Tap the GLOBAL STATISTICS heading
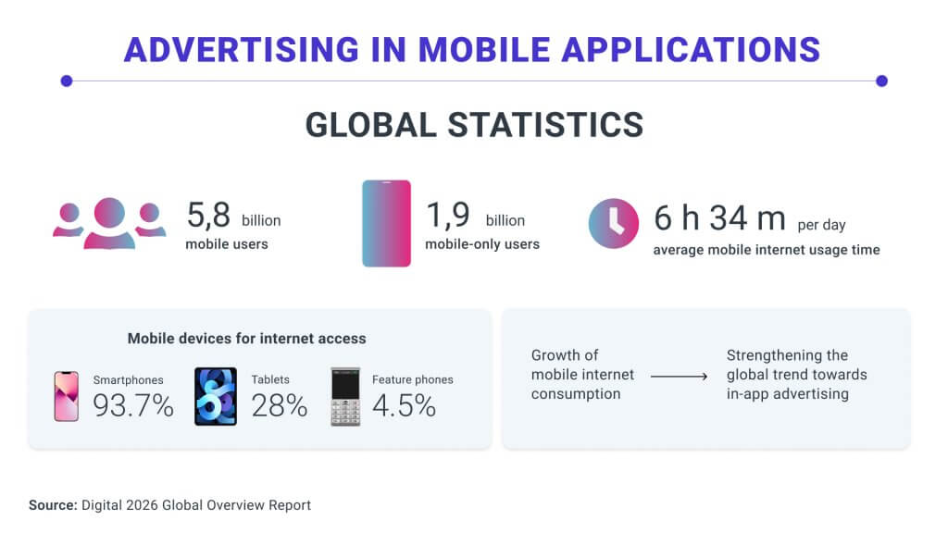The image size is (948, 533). coord(474,125)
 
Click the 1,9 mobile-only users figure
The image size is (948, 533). coord(448,216)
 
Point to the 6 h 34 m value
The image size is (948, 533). coord(719,218)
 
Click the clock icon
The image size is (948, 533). coord(614,224)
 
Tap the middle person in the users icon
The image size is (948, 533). coord(109,223)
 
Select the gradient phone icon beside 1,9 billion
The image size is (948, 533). coord(386,224)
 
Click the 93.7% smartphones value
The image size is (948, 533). coord(133,405)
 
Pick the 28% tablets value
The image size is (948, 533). coord(280,405)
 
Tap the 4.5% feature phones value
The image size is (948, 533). coord(404,405)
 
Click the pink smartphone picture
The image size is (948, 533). coord(67,396)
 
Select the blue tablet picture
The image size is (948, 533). coord(216,396)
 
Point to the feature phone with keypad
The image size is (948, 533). coord(345,396)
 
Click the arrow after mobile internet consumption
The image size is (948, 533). coord(680,376)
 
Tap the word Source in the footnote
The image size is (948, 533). coord(51,505)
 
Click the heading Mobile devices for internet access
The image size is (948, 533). coord(246,339)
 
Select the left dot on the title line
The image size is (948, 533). coord(67,81)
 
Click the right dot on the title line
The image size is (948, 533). coord(881,81)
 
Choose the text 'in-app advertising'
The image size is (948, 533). coord(787,394)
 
